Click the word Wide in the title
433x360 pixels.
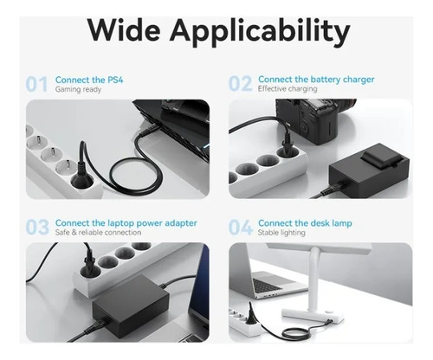click(124, 29)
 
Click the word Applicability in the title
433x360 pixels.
click(260, 32)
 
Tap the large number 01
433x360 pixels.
click(36, 84)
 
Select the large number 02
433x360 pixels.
click(240, 84)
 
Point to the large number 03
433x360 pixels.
click(37, 227)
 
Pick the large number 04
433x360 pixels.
click(241, 228)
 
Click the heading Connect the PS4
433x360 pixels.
click(89, 80)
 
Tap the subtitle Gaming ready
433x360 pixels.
click(78, 89)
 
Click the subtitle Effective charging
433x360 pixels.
click(288, 89)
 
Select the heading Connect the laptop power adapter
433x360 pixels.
click(126, 223)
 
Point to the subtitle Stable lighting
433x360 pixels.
click(281, 233)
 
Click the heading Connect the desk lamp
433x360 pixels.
click(305, 223)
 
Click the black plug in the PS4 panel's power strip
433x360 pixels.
click(82, 173)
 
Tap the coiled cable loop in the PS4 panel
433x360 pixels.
click(135, 175)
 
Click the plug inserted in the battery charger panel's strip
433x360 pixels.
click(286, 141)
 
